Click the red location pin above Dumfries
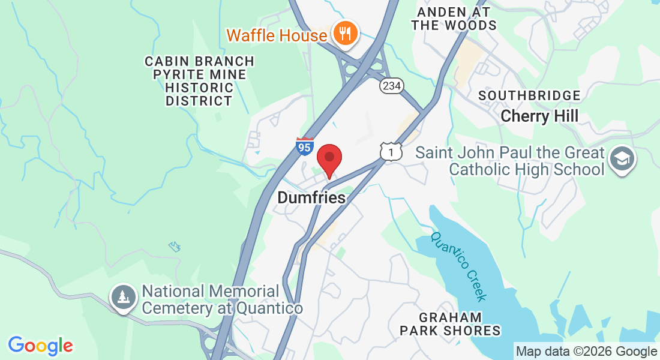pyautogui.click(x=329, y=158)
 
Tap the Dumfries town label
pyautogui.click(x=311, y=197)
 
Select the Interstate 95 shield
pyautogui.click(x=305, y=146)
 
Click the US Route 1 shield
pyautogui.click(x=391, y=152)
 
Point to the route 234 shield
pyautogui.click(x=391, y=86)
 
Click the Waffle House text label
pyautogui.click(x=277, y=35)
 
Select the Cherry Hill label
pyautogui.click(x=539, y=116)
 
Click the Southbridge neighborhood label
pyautogui.click(x=530, y=96)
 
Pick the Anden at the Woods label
pyautogui.click(x=454, y=19)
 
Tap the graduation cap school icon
pyautogui.click(x=622, y=160)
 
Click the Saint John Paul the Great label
pyautogui.click(x=509, y=152)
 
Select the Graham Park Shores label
pyautogui.click(x=451, y=323)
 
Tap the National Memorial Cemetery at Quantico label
pyautogui.click(x=222, y=300)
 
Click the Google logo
pyautogui.click(x=40, y=345)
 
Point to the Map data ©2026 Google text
pyautogui.click(x=587, y=352)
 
